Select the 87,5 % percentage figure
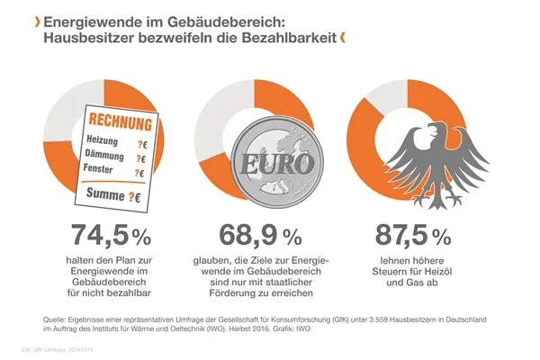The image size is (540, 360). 411,236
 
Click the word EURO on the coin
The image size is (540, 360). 261,166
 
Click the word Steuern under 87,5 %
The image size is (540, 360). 388,273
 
